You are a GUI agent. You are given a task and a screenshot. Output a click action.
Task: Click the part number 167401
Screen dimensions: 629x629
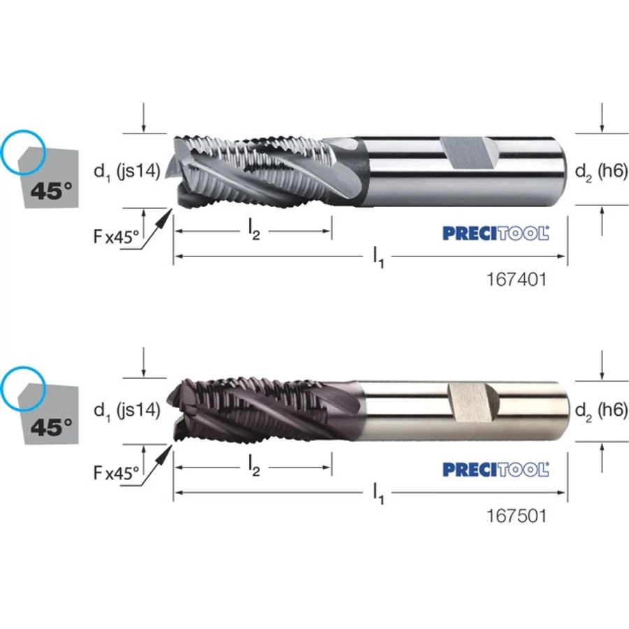(x=516, y=280)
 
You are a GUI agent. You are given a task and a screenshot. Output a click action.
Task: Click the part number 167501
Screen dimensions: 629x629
(x=516, y=516)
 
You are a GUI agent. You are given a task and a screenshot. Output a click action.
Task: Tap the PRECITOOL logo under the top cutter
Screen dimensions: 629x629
(x=496, y=233)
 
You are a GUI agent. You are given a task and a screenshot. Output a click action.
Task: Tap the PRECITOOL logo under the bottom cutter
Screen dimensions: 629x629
(x=496, y=470)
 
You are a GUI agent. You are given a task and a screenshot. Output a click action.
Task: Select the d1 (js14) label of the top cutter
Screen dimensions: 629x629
(x=126, y=172)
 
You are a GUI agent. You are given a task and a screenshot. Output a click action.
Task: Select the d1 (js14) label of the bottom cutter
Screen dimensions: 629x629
(x=126, y=410)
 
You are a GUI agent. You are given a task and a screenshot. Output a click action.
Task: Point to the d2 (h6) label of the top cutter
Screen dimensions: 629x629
(x=601, y=172)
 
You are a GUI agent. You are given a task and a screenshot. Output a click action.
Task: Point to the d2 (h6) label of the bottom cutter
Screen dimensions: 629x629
(x=601, y=410)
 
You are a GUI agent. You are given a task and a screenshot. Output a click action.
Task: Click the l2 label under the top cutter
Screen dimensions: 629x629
(x=254, y=231)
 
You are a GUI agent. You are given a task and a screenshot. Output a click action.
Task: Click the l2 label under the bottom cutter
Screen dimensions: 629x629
(x=254, y=467)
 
